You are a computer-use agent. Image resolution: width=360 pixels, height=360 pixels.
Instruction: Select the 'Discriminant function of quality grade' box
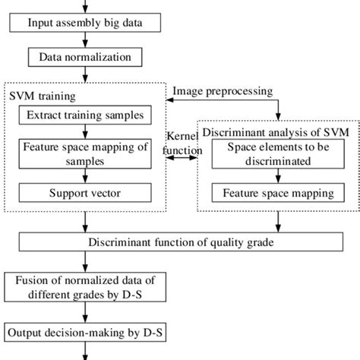pyautogui.click(x=178, y=243)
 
